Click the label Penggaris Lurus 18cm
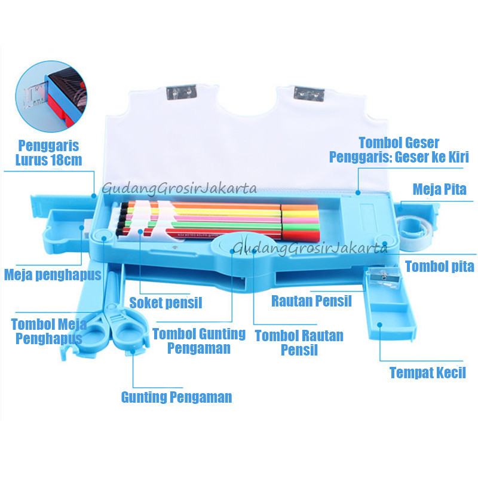49,153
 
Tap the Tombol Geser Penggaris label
399,150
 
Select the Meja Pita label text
440,189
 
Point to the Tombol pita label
439,266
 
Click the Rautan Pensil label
311,301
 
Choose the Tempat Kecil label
427,373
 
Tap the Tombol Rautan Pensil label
299,342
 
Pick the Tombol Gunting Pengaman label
199,341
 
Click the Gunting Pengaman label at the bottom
176,397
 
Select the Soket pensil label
166,303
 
